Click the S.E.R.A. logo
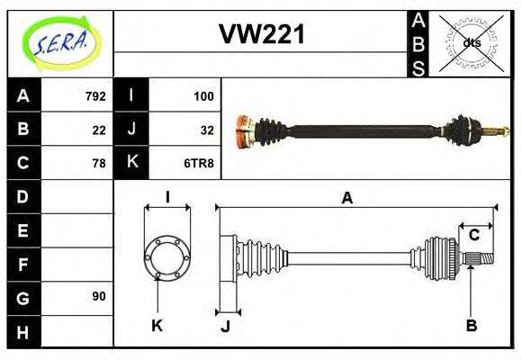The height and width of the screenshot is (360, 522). coord(59,41)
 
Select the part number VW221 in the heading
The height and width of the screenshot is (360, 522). coord(262,35)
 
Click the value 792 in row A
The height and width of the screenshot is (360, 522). coord(94,96)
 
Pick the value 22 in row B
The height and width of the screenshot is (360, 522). coord(98,130)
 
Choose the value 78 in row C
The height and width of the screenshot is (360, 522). coord(98,164)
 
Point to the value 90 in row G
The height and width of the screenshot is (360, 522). coord(98,296)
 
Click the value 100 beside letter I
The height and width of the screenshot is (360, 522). coord(202,96)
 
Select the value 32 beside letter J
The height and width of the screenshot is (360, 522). coord(206,130)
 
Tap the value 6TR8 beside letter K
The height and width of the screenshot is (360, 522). coord(199,164)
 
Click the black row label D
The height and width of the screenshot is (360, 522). coord(23,196)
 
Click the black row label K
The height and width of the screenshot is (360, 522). coord(131,163)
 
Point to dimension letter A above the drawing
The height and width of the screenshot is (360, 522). coord(346,198)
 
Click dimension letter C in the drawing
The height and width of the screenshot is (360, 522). coord(473,236)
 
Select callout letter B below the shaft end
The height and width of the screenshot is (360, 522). coord(471,325)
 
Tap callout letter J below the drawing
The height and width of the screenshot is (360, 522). coord(225,326)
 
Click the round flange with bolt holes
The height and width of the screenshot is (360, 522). coord(166,256)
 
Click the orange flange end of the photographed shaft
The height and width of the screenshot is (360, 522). coord(242,131)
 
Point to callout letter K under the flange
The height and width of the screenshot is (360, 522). coord(157,325)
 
